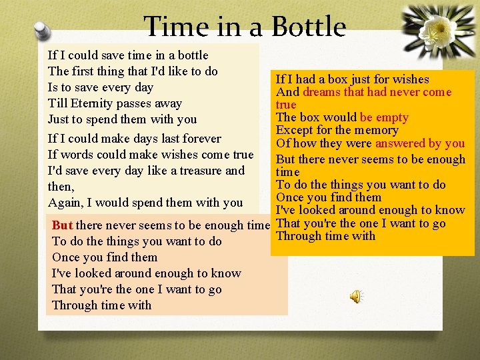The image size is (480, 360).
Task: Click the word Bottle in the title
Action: (307, 27)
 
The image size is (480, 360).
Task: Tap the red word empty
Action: (392, 117)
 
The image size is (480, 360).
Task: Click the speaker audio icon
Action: (357, 296)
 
